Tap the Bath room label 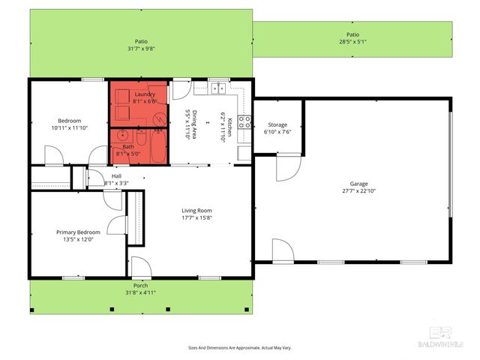coord(128,147)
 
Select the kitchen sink coord(218,88)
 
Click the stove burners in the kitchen coord(244,121)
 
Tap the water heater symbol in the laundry coord(158,117)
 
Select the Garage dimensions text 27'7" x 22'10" coord(359,191)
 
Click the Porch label coord(140,286)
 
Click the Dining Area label coord(190,121)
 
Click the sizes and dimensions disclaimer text coord(239,348)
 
